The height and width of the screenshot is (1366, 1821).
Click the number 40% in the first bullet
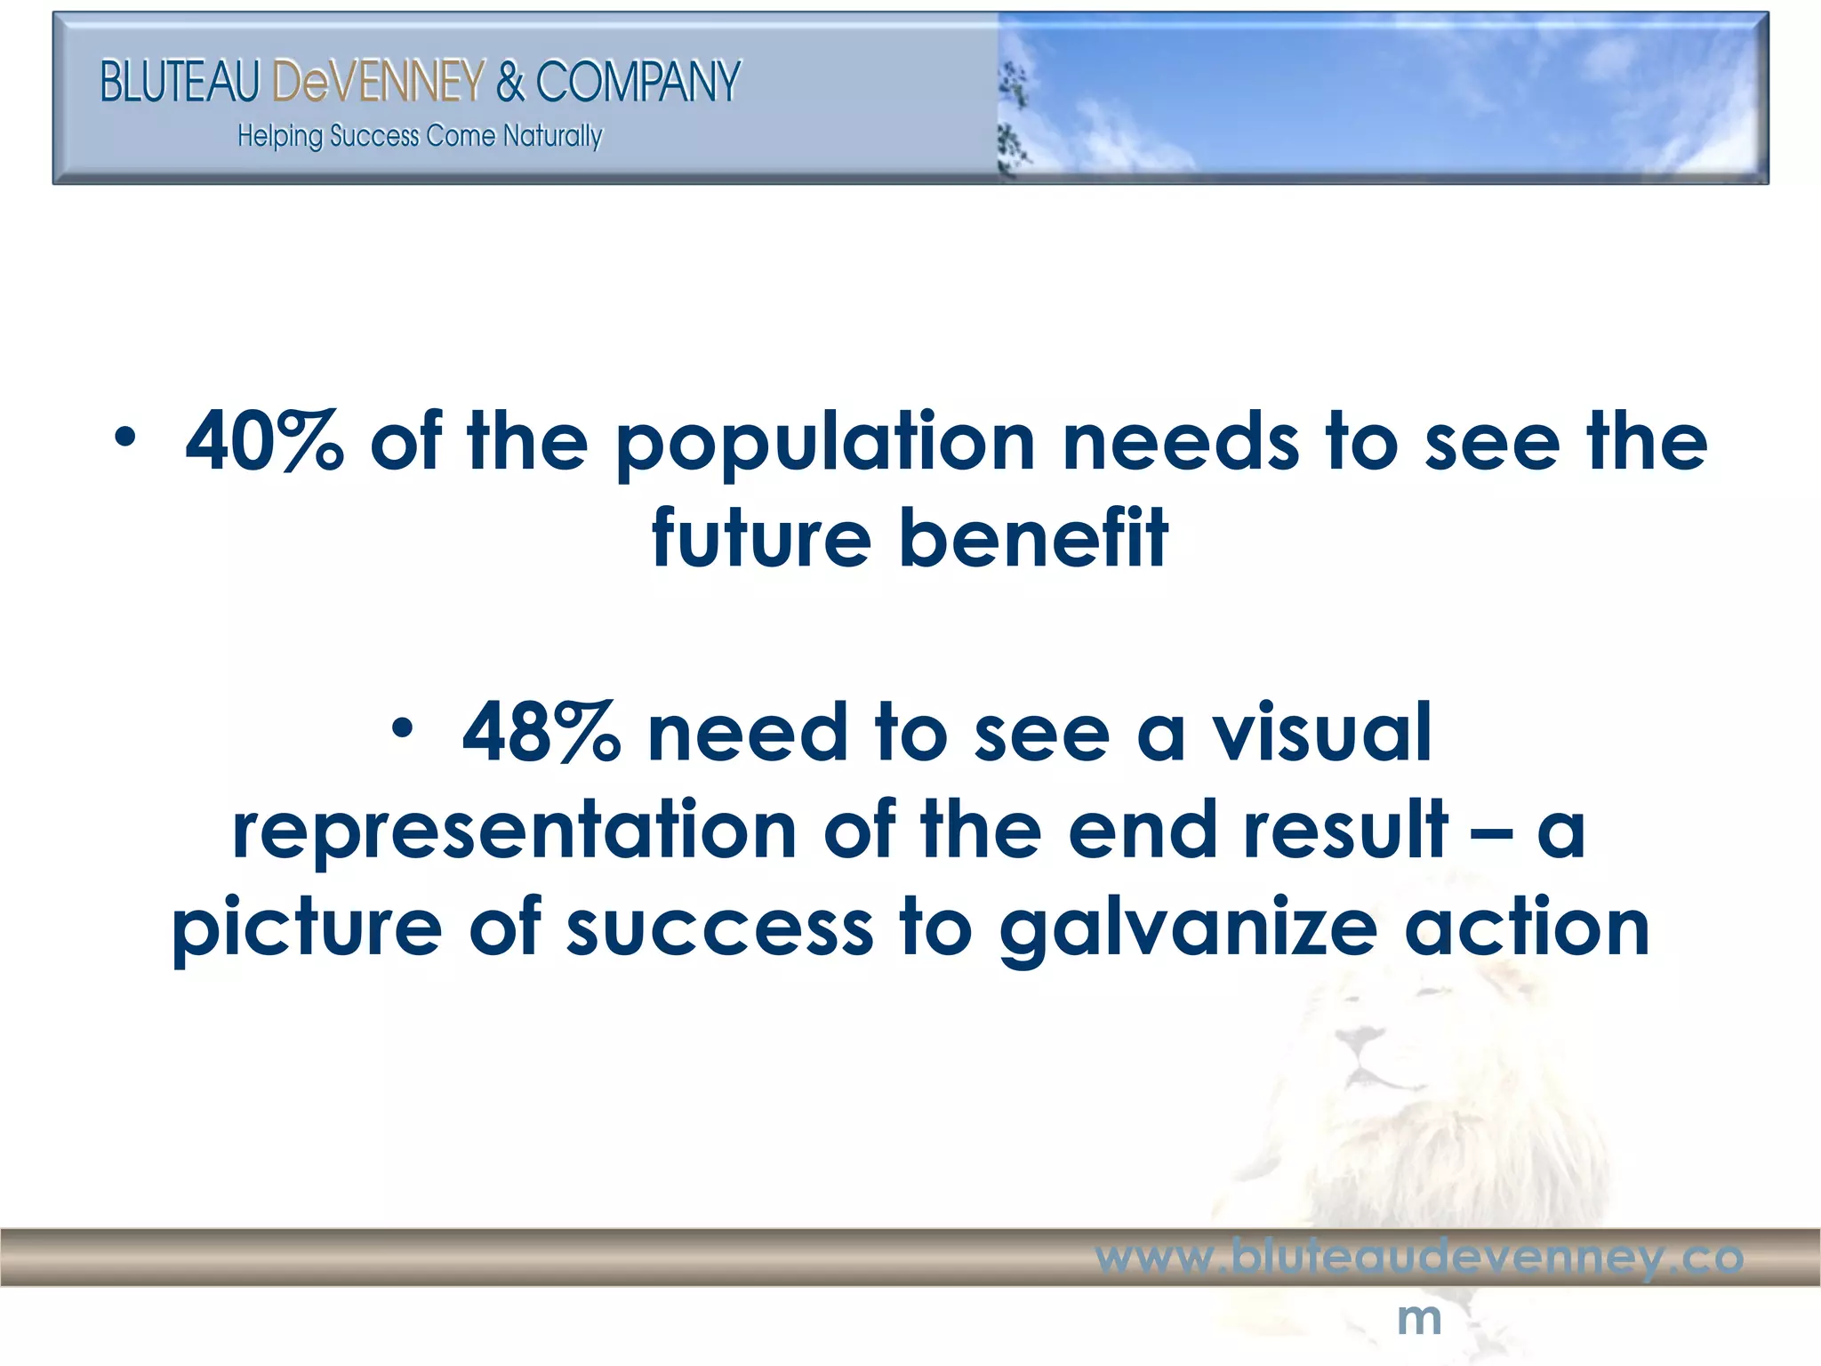pos(263,441)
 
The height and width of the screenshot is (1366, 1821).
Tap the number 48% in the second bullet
pos(541,733)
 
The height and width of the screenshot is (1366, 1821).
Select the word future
pos(761,537)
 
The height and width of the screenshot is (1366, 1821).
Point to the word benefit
pos(1033,537)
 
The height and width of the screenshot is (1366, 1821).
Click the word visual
pos(1322,733)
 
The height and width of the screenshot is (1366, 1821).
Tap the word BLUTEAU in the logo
pos(180,82)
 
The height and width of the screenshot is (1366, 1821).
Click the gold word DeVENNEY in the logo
pos(379,82)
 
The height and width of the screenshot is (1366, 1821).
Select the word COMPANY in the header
pos(638,82)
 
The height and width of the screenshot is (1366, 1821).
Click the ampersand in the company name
pos(510,82)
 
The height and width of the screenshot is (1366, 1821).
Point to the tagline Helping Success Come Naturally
pos(420,136)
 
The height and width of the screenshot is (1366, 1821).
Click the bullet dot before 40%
pos(125,438)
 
